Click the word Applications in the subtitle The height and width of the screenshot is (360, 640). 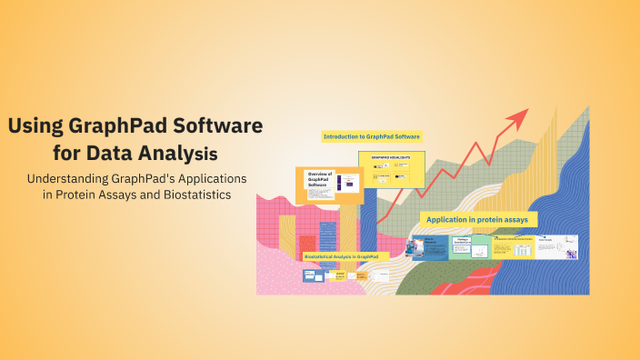tap(210, 178)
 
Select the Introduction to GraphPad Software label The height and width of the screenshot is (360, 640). tap(372, 136)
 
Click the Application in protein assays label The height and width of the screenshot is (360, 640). tap(480, 219)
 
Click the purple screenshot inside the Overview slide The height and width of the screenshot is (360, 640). tap(345, 185)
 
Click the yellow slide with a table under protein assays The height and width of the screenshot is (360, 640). tap(512, 247)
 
